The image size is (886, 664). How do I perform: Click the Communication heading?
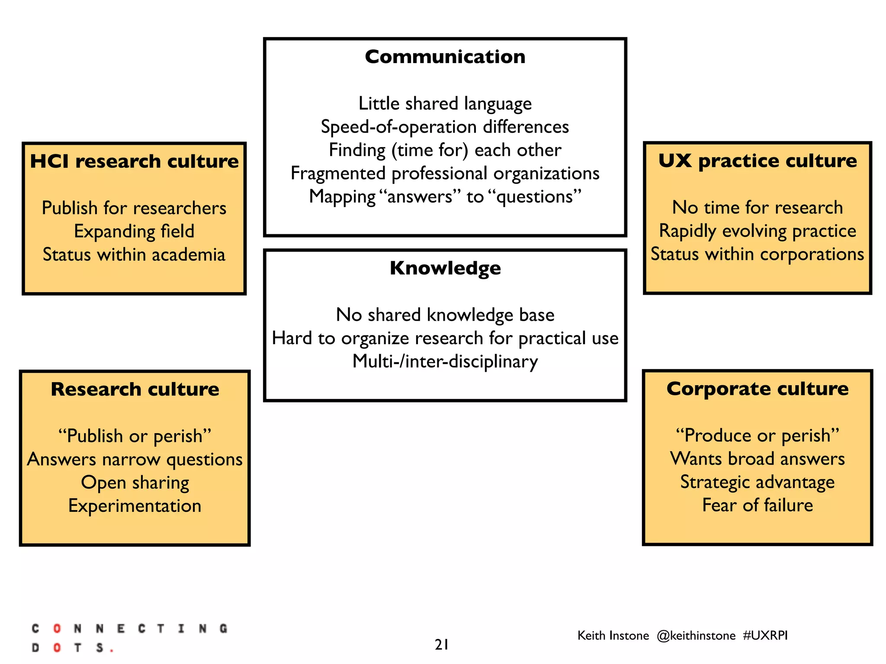click(x=445, y=57)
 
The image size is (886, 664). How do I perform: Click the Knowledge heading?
click(x=445, y=268)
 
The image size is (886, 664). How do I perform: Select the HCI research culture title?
click(x=134, y=161)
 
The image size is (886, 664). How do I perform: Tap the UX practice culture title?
click(x=758, y=161)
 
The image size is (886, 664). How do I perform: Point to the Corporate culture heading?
click(x=758, y=389)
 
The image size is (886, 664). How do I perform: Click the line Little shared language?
click(x=445, y=104)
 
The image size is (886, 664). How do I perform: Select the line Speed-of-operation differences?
click(x=445, y=127)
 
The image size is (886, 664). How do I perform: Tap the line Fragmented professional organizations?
click(x=445, y=173)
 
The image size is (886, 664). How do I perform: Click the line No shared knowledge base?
click(x=445, y=315)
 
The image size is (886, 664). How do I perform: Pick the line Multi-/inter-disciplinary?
click(x=445, y=361)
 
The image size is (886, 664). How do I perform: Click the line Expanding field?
click(x=134, y=231)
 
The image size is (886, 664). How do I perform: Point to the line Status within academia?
click(x=134, y=255)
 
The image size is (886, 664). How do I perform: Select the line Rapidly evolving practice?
click(x=758, y=231)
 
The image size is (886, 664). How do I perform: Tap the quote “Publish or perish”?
click(x=135, y=436)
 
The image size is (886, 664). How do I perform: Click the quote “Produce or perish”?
click(x=758, y=435)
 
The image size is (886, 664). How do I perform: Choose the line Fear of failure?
click(x=758, y=505)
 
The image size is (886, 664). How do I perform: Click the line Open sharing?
click(x=135, y=482)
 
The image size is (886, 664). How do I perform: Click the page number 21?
click(x=442, y=645)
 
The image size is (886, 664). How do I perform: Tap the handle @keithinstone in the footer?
click(x=696, y=635)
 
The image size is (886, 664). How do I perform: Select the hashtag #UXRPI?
click(x=765, y=635)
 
